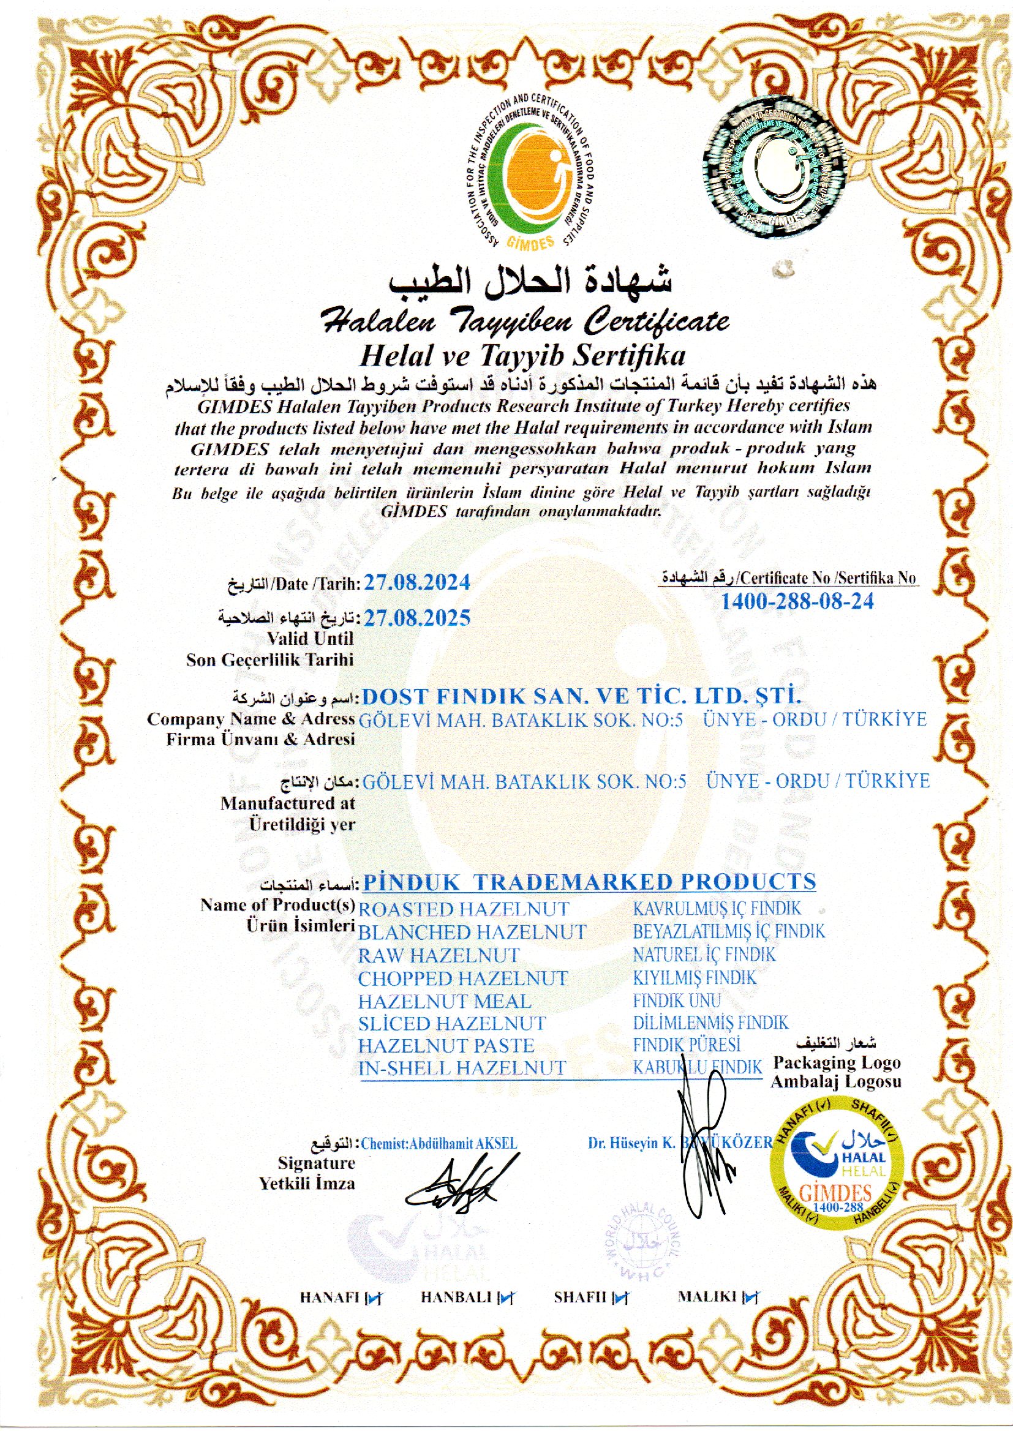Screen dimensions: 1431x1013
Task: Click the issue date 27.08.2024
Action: click(416, 582)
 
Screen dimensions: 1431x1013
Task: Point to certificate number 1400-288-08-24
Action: click(797, 601)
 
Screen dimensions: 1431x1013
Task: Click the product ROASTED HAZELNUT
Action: click(464, 909)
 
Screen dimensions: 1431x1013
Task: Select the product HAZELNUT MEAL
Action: click(444, 1001)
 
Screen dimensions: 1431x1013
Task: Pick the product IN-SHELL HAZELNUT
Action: click(462, 1067)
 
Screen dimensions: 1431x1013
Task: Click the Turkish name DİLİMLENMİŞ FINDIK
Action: click(710, 1023)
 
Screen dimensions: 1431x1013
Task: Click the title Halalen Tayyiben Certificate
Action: click(524, 321)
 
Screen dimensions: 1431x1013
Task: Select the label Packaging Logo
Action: click(837, 1062)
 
